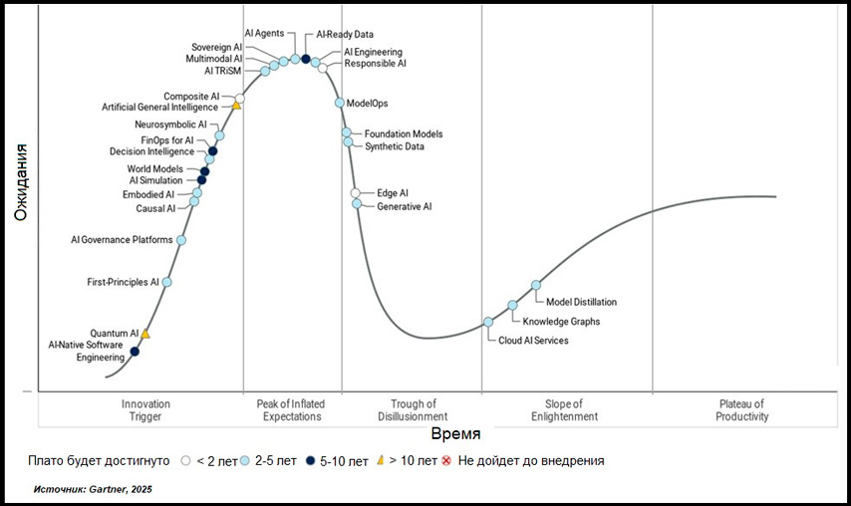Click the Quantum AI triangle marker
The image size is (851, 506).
click(x=145, y=334)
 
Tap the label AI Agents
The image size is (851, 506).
click(x=265, y=33)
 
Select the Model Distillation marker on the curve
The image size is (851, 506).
click(x=536, y=285)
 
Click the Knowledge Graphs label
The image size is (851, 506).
click(x=561, y=322)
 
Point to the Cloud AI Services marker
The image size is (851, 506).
click(x=488, y=322)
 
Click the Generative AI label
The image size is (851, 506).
click(x=404, y=206)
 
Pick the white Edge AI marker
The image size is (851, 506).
click(x=356, y=193)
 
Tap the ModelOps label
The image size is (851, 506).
click(x=367, y=104)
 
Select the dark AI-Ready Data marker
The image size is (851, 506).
click(x=306, y=59)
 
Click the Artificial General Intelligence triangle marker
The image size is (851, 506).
click(x=237, y=105)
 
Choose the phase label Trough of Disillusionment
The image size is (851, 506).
click(x=412, y=410)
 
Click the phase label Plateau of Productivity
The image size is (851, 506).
click(x=741, y=410)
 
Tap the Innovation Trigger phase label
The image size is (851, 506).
click(x=145, y=410)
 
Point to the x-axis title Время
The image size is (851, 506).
click(x=456, y=434)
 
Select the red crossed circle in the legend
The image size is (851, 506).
click(x=446, y=461)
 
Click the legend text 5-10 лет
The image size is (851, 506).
click(x=342, y=461)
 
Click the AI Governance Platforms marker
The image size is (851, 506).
click(x=180, y=240)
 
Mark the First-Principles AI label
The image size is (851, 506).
click(x=123, y=283)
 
